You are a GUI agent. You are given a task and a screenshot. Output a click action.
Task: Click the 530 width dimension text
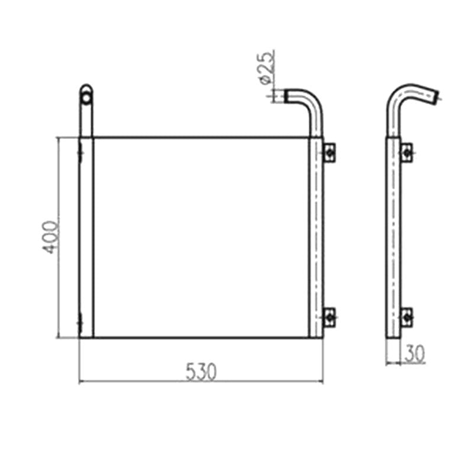(202, 371)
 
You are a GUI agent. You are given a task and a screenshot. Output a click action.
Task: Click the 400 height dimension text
(51, 237)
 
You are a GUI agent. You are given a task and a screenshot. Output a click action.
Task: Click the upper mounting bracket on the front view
(329, 153)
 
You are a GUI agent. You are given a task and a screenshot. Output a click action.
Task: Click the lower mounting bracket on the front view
(329, 318)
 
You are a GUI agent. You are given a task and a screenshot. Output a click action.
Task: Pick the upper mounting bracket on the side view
(406, 153)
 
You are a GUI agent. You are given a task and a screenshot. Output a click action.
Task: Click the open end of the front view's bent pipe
(284, 95)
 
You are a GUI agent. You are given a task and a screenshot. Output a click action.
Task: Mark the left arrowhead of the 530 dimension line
(81, 381)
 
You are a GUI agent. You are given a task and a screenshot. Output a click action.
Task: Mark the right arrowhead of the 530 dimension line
(322, 381)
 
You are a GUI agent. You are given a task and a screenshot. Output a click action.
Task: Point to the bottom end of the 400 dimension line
(57, 337)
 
